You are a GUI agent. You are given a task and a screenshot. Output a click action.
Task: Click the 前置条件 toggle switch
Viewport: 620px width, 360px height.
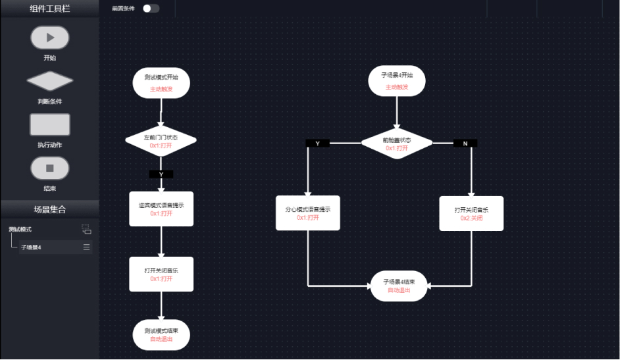(x=151, y=9)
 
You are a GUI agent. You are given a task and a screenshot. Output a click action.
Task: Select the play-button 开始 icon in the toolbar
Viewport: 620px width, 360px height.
(x=49, y=38)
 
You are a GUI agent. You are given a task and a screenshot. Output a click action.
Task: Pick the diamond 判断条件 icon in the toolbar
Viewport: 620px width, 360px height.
(x=49, y=81)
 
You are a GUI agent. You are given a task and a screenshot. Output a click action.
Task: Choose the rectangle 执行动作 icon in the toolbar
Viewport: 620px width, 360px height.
(x=49, y=124)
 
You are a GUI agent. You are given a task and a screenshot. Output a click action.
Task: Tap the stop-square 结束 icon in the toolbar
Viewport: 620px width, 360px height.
(x=49, y=168)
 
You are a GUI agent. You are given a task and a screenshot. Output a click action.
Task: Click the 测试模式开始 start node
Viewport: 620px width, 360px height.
(x=161, y=82)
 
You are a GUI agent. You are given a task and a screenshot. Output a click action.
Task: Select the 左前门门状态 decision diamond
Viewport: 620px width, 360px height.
(x=161, y=141)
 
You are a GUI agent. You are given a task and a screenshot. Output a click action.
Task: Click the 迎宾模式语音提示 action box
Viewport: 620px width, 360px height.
(x=161, y=209)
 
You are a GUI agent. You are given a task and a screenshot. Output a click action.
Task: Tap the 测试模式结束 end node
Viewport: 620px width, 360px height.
(x=161, y=334)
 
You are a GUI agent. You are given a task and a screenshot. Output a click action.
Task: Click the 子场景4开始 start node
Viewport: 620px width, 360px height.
(x=397, y=81)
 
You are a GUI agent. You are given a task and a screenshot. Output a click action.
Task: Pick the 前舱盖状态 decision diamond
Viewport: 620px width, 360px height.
(x=397, y=143)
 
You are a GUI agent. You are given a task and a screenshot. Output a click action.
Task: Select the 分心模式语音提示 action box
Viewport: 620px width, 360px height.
(x=307, y=213)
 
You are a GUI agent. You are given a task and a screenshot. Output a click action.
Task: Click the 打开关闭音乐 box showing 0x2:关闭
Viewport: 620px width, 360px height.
(x=471, y=213)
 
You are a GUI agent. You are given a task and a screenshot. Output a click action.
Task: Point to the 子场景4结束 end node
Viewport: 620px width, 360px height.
(x=399, y=286)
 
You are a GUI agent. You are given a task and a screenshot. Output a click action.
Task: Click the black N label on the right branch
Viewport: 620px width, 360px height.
(x=465, y=143)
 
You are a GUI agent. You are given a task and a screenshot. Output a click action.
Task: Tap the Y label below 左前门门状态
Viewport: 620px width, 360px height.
(x=161, y=174)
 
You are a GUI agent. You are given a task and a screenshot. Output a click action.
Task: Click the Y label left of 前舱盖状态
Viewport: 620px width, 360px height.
(x=318, y=143)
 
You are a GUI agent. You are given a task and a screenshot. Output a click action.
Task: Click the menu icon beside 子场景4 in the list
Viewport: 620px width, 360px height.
(x=86, y=247)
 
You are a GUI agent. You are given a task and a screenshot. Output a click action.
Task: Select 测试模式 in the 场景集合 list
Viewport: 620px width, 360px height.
(x=20, y=230)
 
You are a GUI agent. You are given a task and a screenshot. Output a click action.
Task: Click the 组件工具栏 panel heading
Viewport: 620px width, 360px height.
(x=49, y=9)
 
